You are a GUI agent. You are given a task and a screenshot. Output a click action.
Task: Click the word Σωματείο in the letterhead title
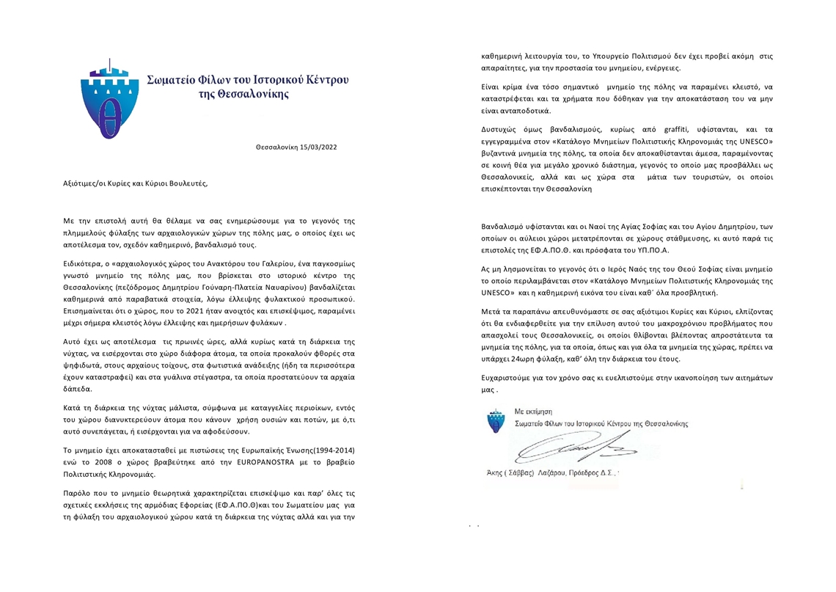click(172, 78)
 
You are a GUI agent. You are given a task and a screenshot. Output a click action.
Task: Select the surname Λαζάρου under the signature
click(561, 473)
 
